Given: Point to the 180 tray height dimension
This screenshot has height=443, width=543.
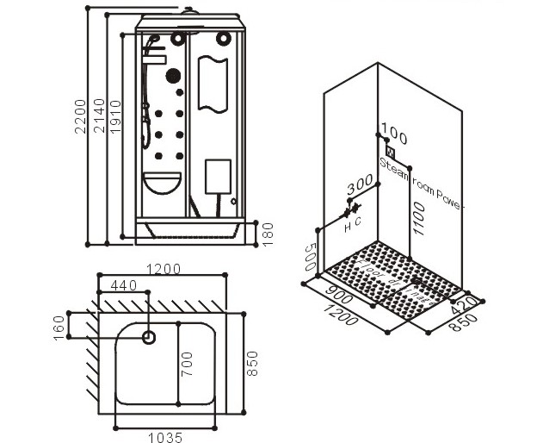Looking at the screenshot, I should pyautogui.click(x=267, y=232).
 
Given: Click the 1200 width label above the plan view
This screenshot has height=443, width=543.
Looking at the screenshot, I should pyautogui.click(x=164, y=268).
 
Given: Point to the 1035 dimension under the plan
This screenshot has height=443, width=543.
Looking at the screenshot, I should pyautogui.click(x=162, y=437).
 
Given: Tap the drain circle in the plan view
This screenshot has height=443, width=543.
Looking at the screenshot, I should pyautogui.click(x=149, y=338).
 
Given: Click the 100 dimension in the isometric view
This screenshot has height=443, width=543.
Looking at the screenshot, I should pyautogui.click(x=393, y=135).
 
